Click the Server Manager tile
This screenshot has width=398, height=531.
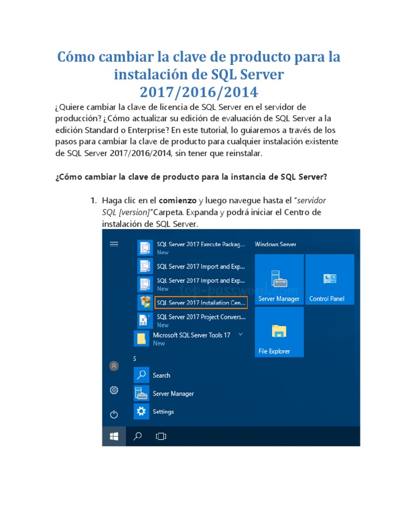click(279, 280)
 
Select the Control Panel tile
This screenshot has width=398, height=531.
click(330, 280)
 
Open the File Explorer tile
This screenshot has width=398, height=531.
click(279, 332)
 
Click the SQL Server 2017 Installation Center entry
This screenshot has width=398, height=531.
click(201, 302)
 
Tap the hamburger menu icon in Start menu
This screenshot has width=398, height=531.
click(115, 244)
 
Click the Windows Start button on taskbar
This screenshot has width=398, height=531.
click(114, 437)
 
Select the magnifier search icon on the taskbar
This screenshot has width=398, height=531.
click(138, 437)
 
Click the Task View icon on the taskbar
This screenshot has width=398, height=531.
click(161, 437)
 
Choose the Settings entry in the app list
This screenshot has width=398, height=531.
click(163, 412)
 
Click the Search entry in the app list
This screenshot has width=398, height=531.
click(161, 375)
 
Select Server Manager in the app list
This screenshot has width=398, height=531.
click(173, 394)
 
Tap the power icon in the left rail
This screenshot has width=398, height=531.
click(114, 414)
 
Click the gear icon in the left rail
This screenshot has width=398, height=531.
click(114, 390)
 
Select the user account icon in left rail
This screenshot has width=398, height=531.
click(114, 366)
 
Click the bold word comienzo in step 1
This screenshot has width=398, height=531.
click(177, 200)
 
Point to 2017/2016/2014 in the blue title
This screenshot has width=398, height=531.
click(198, 92)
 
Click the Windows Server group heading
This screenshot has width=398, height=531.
click(275, 244)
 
